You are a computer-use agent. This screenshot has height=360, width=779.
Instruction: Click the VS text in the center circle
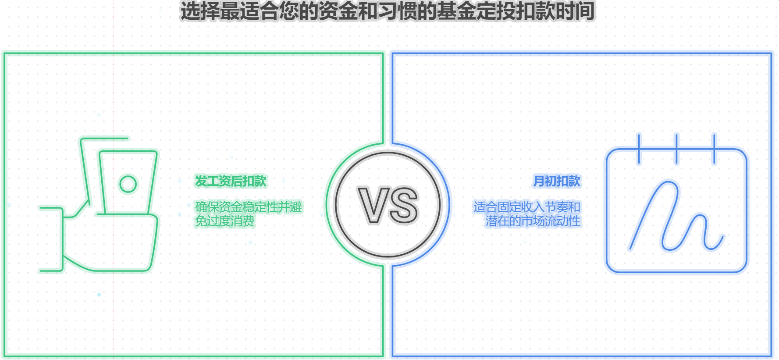click(388, 205)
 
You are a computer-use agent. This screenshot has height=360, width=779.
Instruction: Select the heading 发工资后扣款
click(231, 181)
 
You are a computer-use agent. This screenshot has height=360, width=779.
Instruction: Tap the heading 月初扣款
click(557, 181)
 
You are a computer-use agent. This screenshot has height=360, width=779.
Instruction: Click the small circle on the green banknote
click(128, 184)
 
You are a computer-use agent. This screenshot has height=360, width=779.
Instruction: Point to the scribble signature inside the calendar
click(676, 216)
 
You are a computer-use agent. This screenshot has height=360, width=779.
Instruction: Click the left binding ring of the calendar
click(639, 149)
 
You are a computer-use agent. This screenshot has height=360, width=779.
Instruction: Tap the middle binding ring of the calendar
click(677, 149)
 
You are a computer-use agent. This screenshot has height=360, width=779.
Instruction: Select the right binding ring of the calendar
click(715, 149)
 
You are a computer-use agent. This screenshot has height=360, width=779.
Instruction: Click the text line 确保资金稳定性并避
click(249, 207)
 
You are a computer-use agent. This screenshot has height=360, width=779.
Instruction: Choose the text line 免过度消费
click(224, 221)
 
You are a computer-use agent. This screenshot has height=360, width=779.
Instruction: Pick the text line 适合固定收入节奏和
click(527, 207)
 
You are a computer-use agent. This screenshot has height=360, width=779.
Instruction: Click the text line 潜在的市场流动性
click(533, 221)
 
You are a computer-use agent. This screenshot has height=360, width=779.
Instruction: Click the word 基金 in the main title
click(456, 11)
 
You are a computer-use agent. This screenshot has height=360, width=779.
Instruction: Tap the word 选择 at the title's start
click(200, 11)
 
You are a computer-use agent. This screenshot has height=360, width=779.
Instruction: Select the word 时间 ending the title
click(575, 11)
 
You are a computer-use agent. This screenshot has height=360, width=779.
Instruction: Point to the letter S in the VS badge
click(404, 205)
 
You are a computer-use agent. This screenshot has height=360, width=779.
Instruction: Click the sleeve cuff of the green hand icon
click(51, 239)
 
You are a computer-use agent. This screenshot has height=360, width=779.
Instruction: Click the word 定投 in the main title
click(496, 11)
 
